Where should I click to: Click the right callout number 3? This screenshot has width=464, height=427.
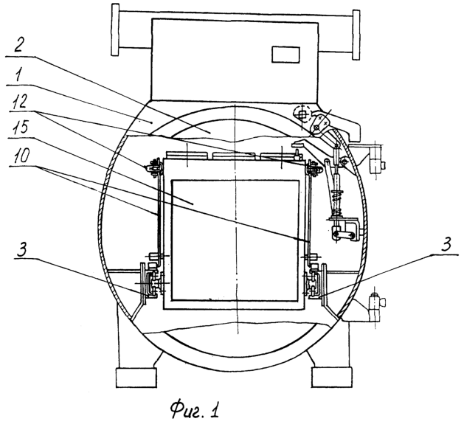[446, 245]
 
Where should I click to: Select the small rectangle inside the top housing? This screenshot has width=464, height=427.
[285, 55]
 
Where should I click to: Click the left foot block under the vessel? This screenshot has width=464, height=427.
[136, 378]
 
